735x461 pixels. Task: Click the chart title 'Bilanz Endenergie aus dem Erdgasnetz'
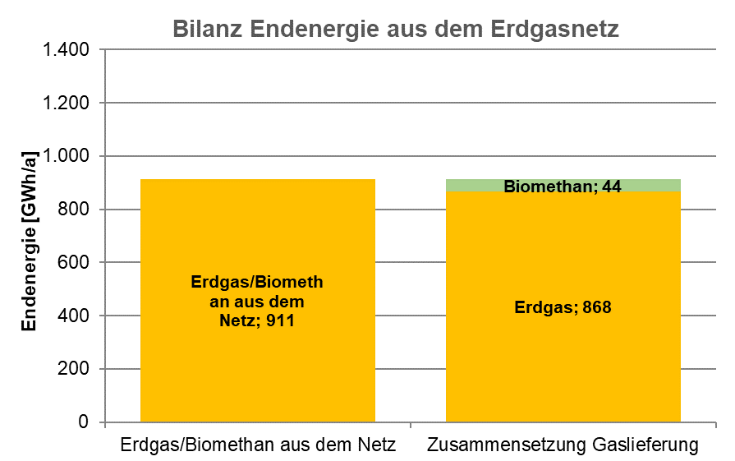tap(395, 30)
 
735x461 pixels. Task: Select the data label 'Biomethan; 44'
tap(563, 187)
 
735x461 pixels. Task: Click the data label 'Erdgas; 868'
tap(563, 308)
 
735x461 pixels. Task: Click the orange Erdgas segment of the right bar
tap(563, 370)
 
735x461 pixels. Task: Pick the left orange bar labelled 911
tap(257, 378)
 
